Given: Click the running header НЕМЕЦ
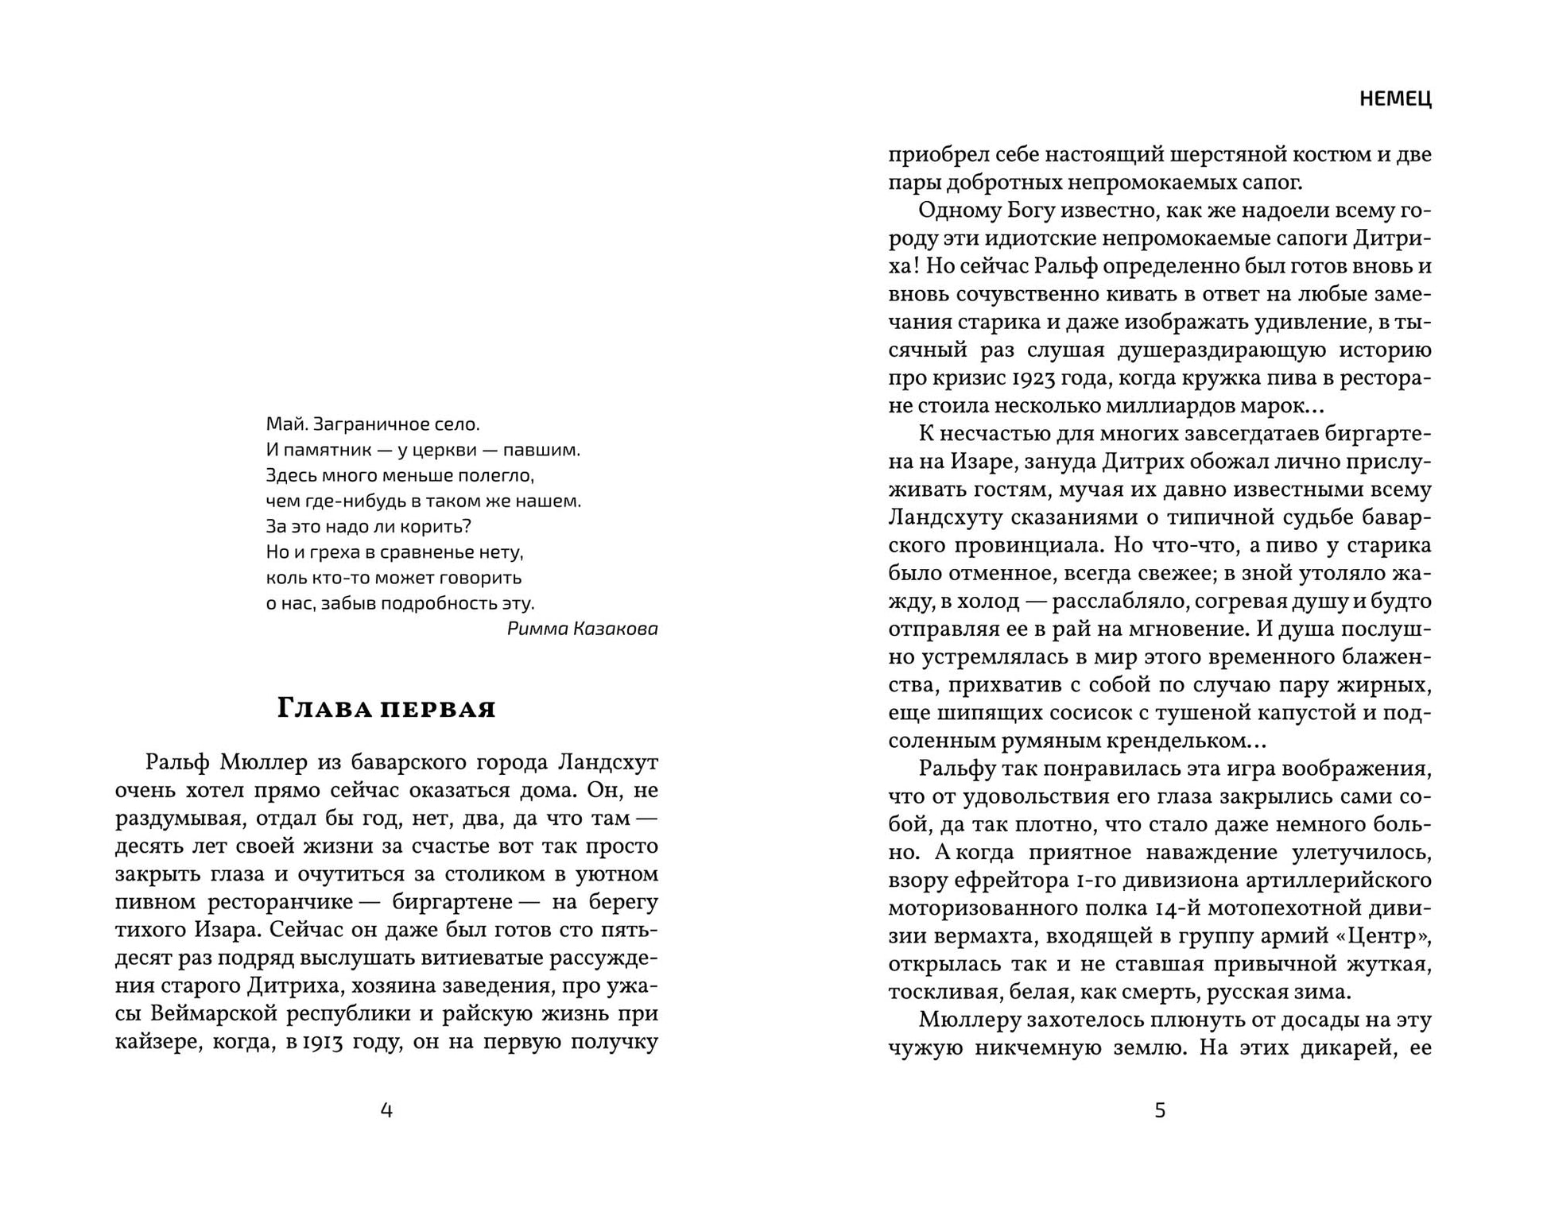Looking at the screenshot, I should (1395, 99).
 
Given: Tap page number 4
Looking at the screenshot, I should (386, 1110).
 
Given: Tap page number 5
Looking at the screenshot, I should (1160, 1110).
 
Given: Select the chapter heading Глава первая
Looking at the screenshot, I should (386, 708).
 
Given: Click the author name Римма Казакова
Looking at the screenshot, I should (582, 629).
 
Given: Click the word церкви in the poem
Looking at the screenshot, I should (445, 450).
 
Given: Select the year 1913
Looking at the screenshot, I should (322, 1042).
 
